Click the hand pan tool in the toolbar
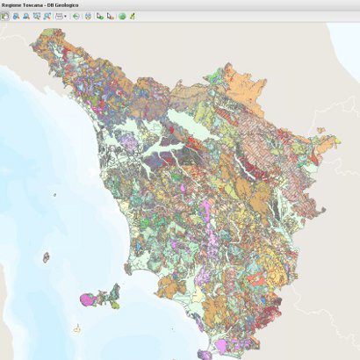(x=5, y=16)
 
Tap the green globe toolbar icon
(x=122, y=16)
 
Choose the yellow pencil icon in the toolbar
(x=132, y=16)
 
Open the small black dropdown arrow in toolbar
(x=66, y=17)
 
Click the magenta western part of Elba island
(x=89, y=301)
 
